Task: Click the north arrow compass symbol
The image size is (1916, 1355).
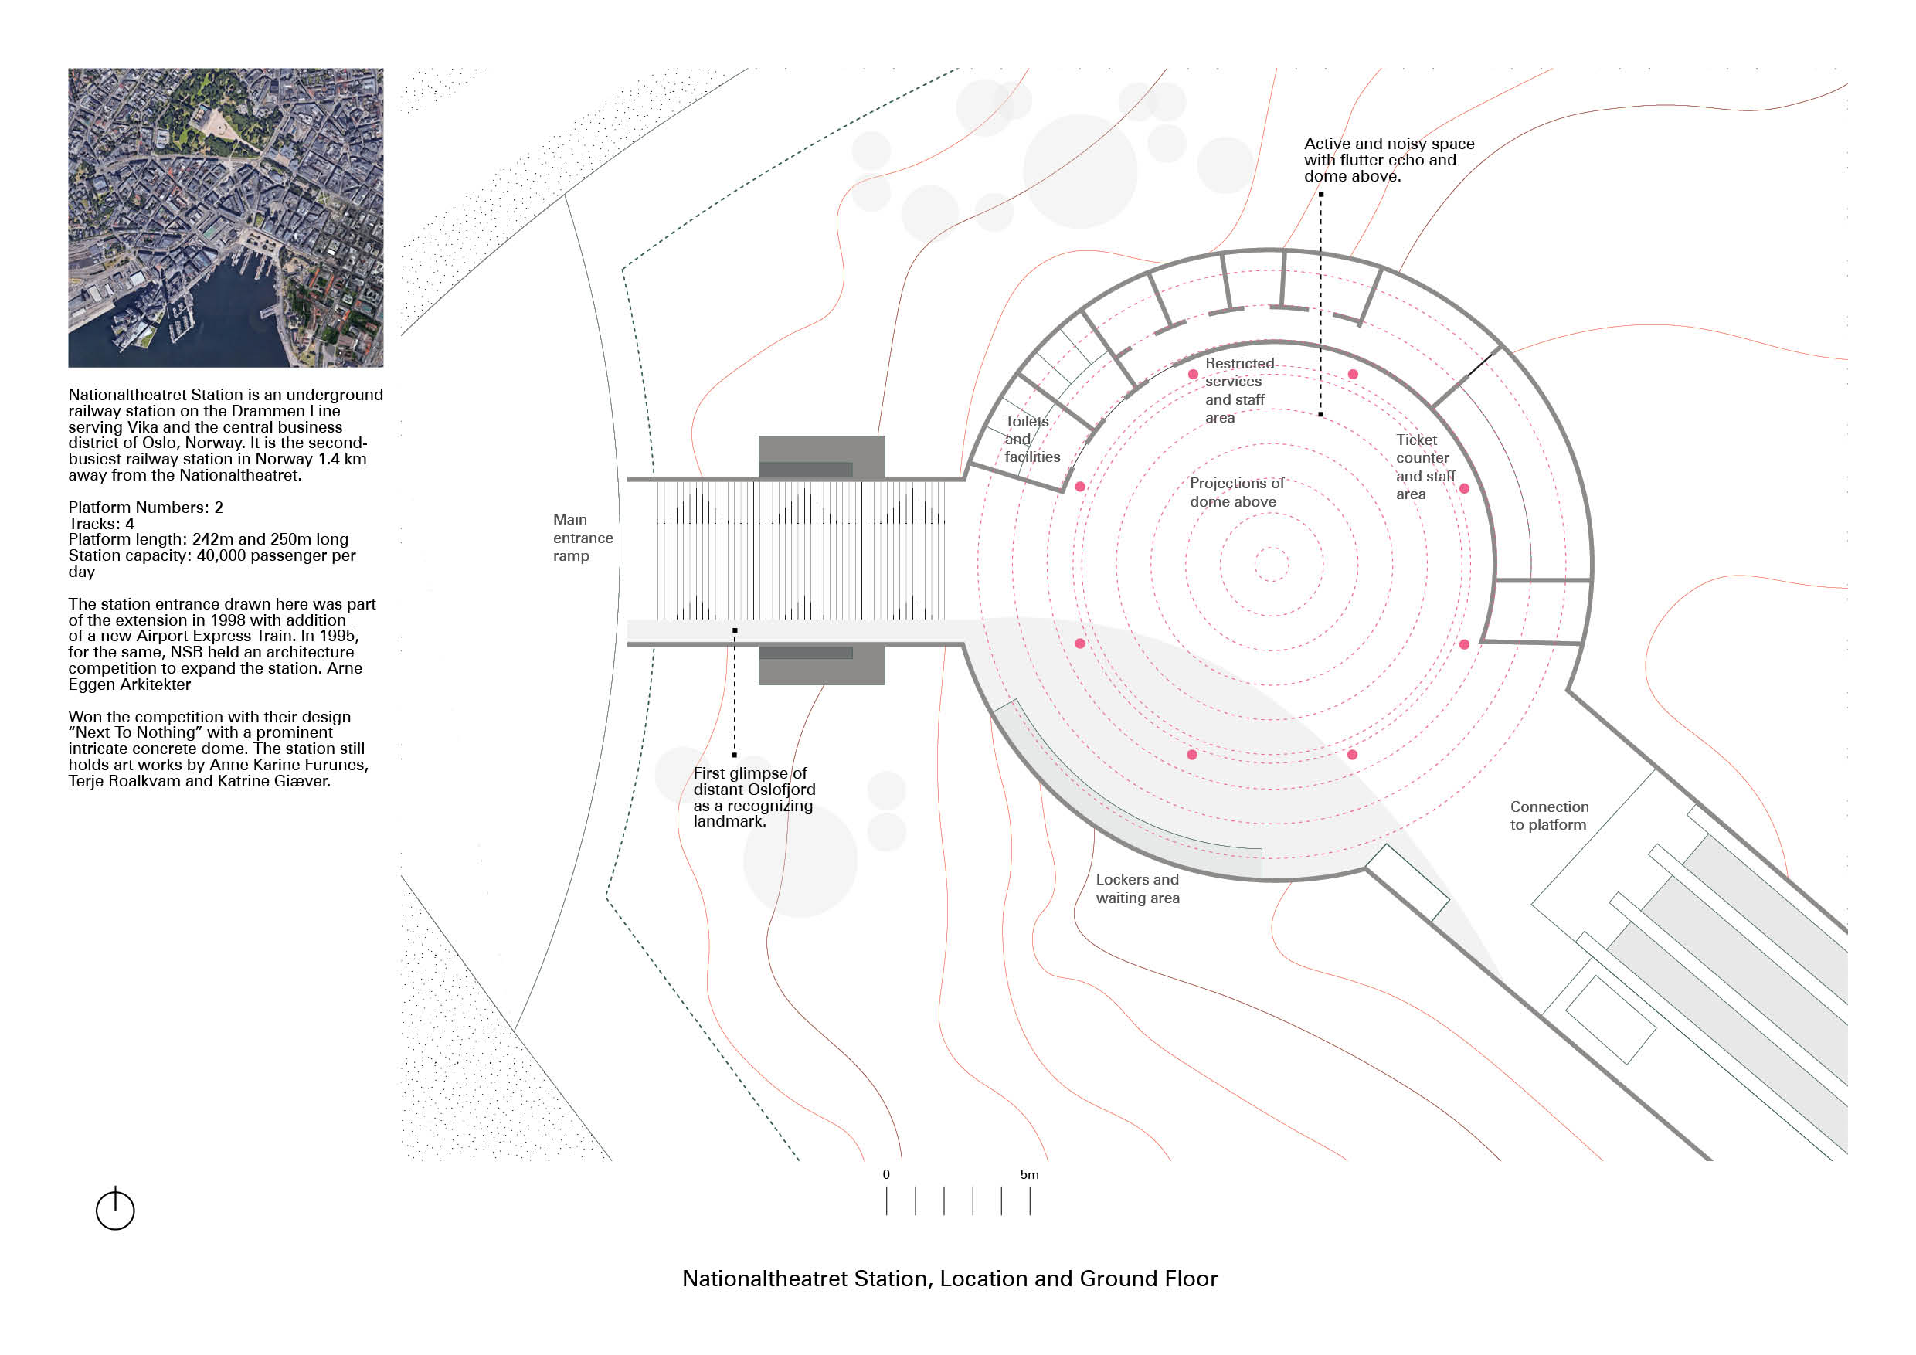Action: (x=115, y=1209)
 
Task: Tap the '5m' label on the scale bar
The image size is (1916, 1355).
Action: (x=1029, y=1174)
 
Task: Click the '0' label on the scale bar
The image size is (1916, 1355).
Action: (x=886, y=1174)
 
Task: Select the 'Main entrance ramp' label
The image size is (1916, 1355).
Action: (x=583, y=538)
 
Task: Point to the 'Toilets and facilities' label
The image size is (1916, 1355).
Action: (x=1031, y=439)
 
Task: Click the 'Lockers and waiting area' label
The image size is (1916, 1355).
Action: (x=1137, y=888)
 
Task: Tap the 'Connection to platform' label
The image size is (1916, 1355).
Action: (x=1549, y=815)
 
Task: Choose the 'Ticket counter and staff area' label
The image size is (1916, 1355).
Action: (x=1425, y=467)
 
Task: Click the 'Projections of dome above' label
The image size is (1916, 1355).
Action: (x=1236, y=492)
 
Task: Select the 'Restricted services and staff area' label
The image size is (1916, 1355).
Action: (x=1238, y=390)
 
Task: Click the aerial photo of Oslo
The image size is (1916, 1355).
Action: (x=226, y=217)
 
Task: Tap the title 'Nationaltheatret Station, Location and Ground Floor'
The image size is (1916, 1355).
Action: (x=950, y=1279)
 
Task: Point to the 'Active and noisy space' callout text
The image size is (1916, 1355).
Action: (x=1388, y=159)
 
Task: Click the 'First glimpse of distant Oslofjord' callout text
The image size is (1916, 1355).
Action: (x=753, y=796)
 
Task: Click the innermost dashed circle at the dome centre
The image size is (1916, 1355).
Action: (x=1271, y=564)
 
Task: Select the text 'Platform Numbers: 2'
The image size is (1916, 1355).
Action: (x=145, y=508)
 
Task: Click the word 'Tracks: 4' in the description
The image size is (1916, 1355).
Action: (x=101, y=524)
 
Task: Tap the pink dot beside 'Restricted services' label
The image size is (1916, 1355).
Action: (x=1194, y=374)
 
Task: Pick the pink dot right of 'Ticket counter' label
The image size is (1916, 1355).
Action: (x=1465, y=488)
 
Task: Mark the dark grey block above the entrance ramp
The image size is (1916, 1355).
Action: (x=821, y=457)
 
